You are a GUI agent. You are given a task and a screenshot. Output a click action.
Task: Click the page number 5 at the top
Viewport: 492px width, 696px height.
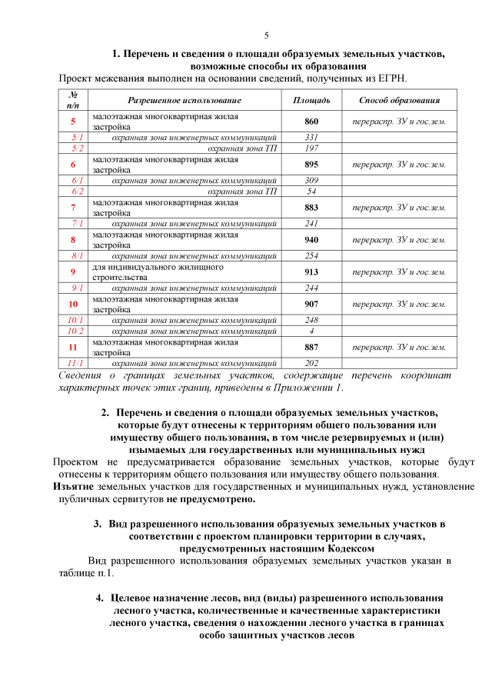coord(266,35)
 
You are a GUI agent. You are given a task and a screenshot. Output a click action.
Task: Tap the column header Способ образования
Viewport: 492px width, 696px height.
coord(399,100)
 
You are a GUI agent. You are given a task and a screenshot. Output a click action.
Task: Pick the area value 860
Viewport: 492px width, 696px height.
coord(311,122)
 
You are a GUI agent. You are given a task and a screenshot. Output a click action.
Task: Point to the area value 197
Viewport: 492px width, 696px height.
coord(311,148)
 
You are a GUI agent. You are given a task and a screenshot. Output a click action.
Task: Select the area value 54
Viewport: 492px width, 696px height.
coord(311,191)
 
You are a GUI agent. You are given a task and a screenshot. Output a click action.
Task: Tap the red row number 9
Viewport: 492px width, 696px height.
coord(73,271)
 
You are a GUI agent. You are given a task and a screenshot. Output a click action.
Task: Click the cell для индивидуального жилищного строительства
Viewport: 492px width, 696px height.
coord(158,271)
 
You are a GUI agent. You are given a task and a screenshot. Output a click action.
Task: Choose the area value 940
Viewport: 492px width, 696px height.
coord(311,239)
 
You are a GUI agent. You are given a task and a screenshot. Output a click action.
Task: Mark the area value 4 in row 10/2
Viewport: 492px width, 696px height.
coord(311,331)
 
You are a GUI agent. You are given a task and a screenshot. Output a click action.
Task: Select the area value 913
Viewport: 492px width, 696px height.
coord(311,271)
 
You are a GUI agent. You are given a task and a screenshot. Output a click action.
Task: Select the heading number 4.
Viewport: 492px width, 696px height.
coord(99,598)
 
